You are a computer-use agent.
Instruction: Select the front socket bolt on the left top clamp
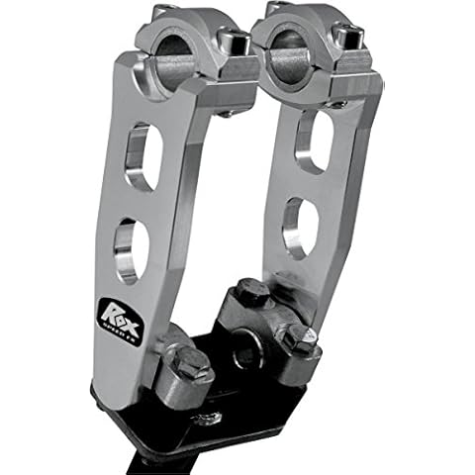[x=237, y=43]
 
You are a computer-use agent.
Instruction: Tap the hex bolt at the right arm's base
[x=298, y=337]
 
